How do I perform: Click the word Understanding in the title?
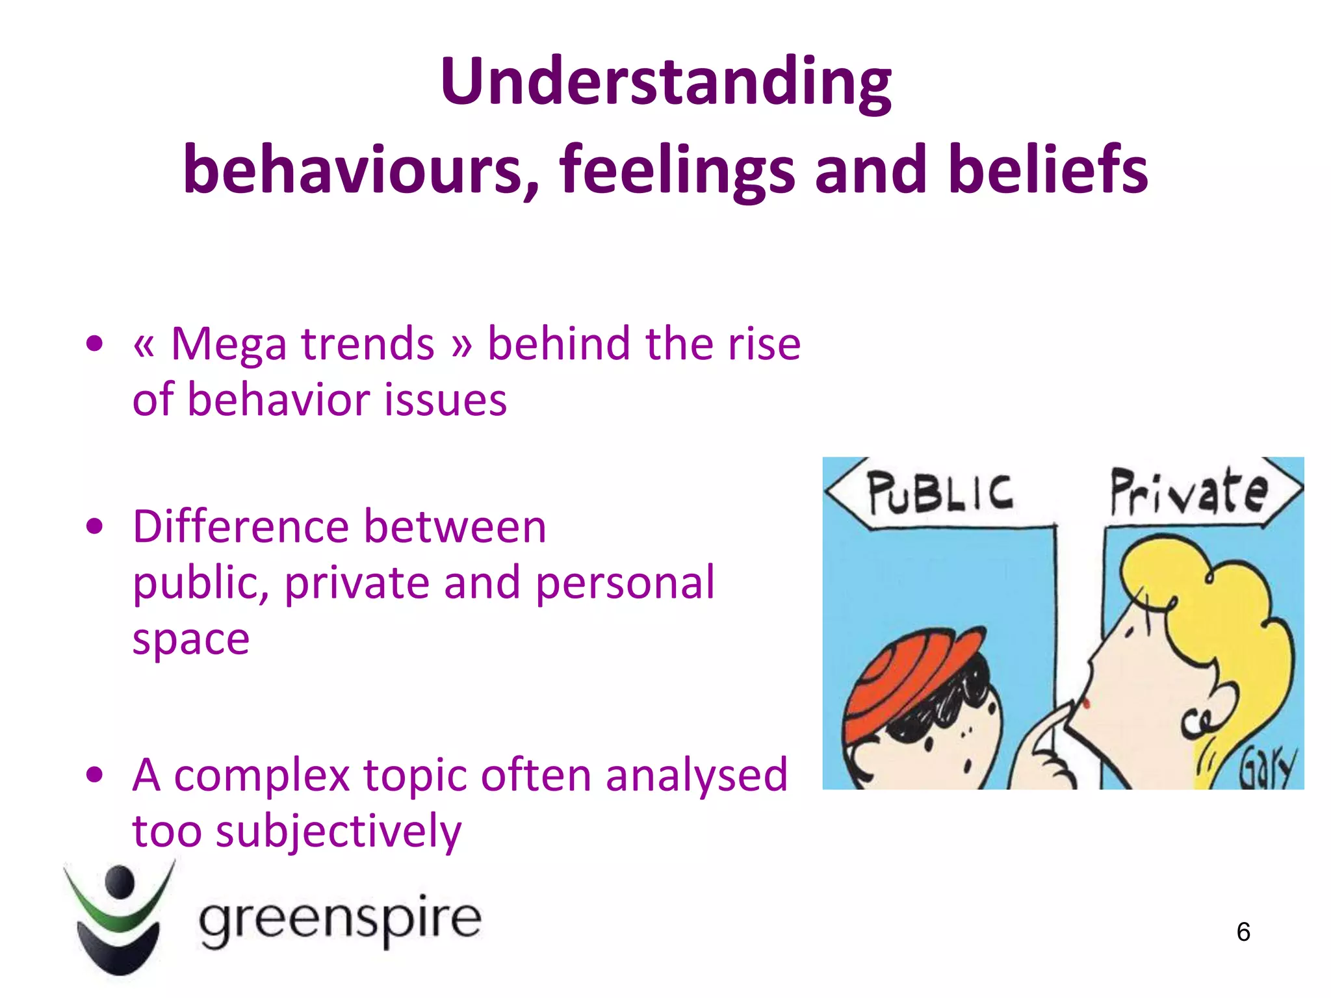pyautogui.click(x=665, y=83)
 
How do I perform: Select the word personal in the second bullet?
pyautogui.click(x=625, y=583)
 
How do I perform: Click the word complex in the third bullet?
pyautogui.click(x=262, y=776)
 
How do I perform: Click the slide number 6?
pyautogui.click(x=1243, y=932)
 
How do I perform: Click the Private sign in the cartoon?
pyautogui.click(x=1188, y=493)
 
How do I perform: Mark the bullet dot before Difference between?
pyautogui.click(x=95, y=526)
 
